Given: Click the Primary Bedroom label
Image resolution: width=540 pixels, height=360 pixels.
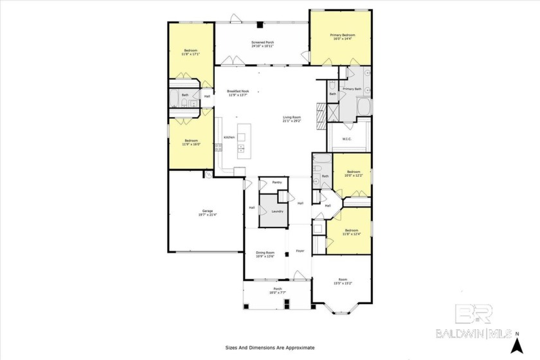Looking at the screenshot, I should [342, 35].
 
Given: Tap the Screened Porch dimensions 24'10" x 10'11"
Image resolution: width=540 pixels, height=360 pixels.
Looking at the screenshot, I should [262, 46].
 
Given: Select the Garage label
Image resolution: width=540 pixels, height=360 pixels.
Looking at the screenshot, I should [208, 211].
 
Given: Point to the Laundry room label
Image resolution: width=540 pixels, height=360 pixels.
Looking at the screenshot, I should [277, 211].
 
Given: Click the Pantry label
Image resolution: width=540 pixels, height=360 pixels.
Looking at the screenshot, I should [277, 182].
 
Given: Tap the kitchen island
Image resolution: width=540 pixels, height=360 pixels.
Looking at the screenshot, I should [242, 142].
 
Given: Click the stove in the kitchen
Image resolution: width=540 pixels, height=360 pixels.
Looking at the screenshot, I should [219, 148].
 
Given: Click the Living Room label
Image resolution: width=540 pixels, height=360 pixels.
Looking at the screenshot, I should [292, 117].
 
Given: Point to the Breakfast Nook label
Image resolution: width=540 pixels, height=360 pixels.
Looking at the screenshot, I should [237, 91].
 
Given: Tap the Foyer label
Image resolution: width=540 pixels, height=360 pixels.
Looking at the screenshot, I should [300, 251].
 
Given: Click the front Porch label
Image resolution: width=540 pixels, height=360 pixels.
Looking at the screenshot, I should [278, 289].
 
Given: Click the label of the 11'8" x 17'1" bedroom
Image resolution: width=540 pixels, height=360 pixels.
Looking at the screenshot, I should [190, 50].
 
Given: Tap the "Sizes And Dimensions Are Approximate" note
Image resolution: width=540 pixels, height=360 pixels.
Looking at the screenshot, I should [270, 347].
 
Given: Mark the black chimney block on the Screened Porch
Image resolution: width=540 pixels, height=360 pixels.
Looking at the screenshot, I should [259, 25].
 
